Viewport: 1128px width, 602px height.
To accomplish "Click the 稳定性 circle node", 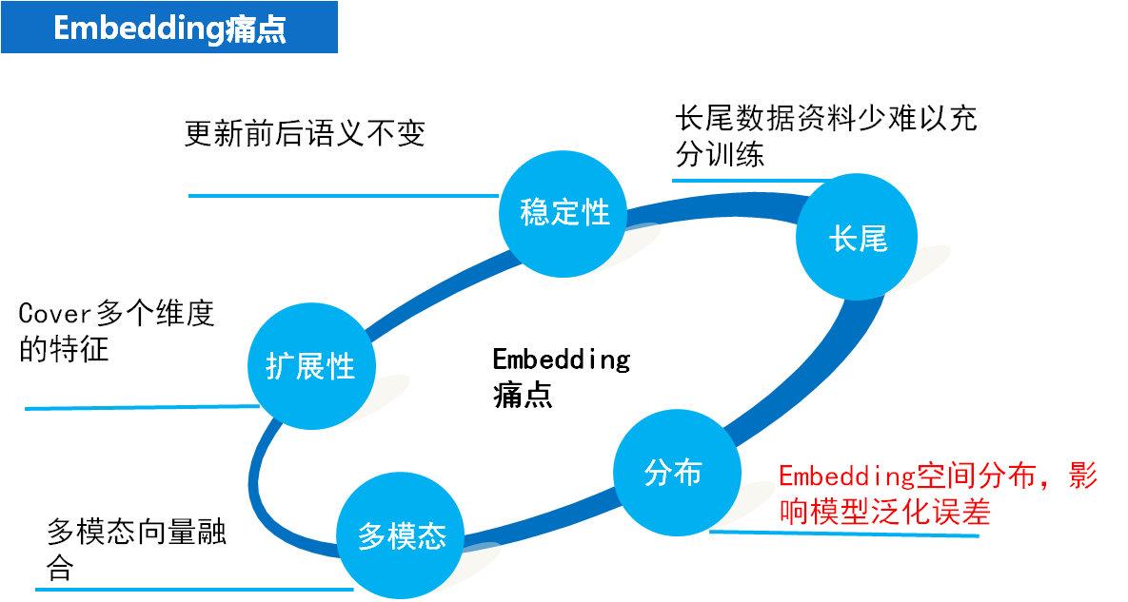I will coord(564,213).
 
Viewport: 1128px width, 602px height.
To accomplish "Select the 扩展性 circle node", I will coord(311,365).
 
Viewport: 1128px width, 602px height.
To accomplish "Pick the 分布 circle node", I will coord(673,473).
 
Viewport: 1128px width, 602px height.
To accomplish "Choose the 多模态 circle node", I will coord(402,536).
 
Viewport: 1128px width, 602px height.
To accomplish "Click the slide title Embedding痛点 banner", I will coord(169,28).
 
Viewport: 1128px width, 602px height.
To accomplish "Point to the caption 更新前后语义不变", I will coord(304,134).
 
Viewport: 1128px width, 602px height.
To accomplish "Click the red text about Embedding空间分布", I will coord(937,494).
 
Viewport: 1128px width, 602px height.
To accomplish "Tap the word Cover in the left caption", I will coord(53,314).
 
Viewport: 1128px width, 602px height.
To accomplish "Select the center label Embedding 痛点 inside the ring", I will coord(561,377).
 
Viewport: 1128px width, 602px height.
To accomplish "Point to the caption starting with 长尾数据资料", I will coord(824,136).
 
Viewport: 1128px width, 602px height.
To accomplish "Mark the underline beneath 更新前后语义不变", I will coord(343,196).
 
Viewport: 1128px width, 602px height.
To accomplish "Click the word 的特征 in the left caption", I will coord(64,349).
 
